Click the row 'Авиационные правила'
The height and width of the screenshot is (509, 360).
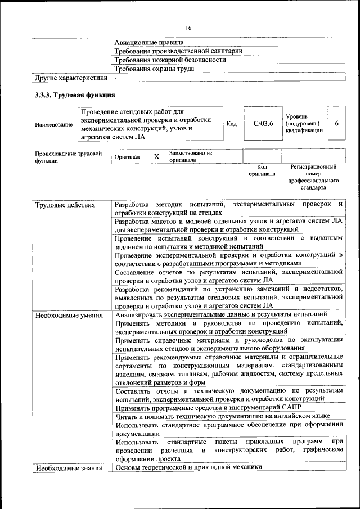pos(149,42)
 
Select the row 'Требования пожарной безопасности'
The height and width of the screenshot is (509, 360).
pos(170,60)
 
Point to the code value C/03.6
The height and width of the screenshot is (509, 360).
pos(263,124)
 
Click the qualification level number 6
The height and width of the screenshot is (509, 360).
pos(336,124)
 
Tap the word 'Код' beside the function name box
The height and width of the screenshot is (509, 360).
pos(231,124)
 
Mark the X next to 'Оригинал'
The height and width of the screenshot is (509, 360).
pos(156,157)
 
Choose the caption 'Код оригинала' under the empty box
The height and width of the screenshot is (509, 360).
pos(262,170)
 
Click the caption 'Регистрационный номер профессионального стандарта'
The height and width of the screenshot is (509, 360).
pos(313,177)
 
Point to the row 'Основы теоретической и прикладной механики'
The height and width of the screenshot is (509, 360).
pos(188,468)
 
